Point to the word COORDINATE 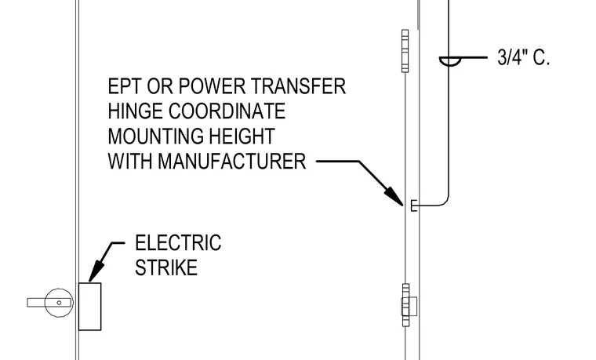227,111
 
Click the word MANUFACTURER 232,162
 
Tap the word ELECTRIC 178,243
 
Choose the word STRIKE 166,267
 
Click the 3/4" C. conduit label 523,57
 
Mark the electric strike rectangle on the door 90,307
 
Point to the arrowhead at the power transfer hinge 395,196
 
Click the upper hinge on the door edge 405,51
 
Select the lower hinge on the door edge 409,305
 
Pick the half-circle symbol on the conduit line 450,61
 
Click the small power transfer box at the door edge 414,205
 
